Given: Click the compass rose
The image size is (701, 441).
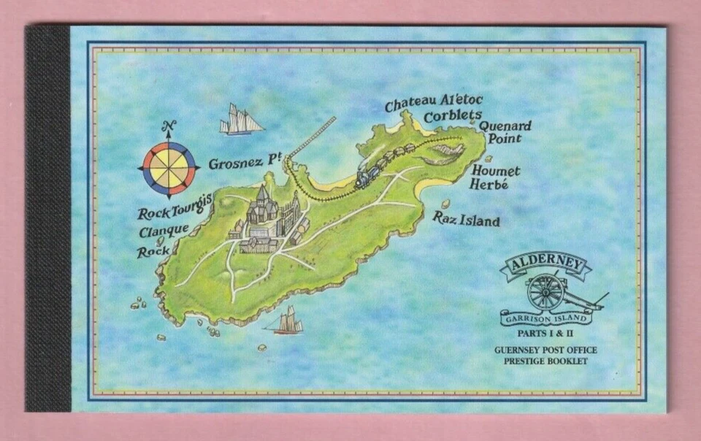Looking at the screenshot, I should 169,168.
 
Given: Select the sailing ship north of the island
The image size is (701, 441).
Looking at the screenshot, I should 241,120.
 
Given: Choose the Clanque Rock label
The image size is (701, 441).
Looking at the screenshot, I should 163,240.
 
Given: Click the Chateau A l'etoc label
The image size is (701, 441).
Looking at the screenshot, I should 434,103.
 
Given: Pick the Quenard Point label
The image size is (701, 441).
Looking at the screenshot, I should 505,131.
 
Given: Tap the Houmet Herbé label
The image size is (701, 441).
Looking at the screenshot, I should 496,177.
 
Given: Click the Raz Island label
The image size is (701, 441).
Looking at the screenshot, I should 466,218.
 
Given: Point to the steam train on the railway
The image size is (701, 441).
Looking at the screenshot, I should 368,177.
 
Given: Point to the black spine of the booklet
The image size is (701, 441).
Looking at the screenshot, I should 47,219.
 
